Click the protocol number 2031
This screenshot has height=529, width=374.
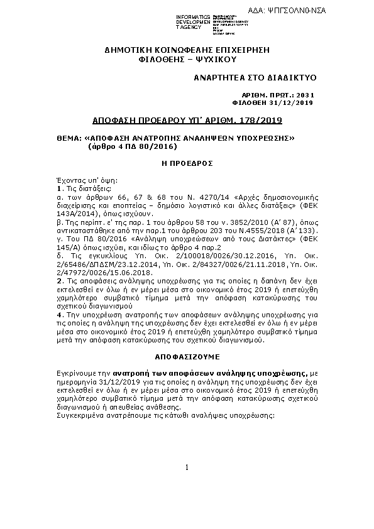[304, 95]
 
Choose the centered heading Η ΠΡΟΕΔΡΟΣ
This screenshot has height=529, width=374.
[187, 163]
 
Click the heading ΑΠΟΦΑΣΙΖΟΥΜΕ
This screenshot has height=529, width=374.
[187, 356]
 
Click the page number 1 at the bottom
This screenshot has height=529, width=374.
[187, 468]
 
